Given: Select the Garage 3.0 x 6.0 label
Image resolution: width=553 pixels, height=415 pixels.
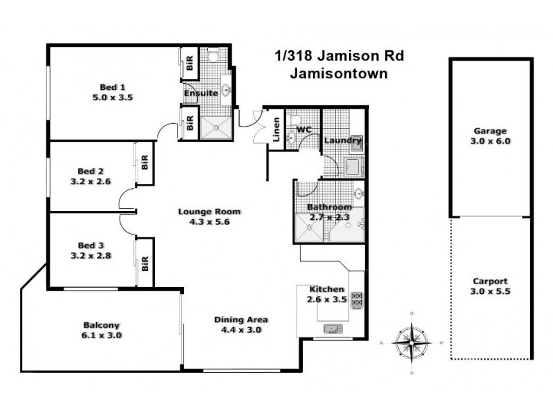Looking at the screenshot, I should click(490, 136).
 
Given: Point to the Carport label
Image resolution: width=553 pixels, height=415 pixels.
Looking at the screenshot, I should click(490, 282).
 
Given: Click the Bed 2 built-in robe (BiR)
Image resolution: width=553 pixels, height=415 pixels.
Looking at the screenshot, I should click(145, 163).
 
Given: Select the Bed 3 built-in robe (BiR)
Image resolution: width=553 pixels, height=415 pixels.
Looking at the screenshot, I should click(145, 263).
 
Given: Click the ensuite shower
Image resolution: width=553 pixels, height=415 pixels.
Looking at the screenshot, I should click(216, 127).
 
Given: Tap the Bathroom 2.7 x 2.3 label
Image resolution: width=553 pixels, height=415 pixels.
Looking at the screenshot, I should click(330, 212).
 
